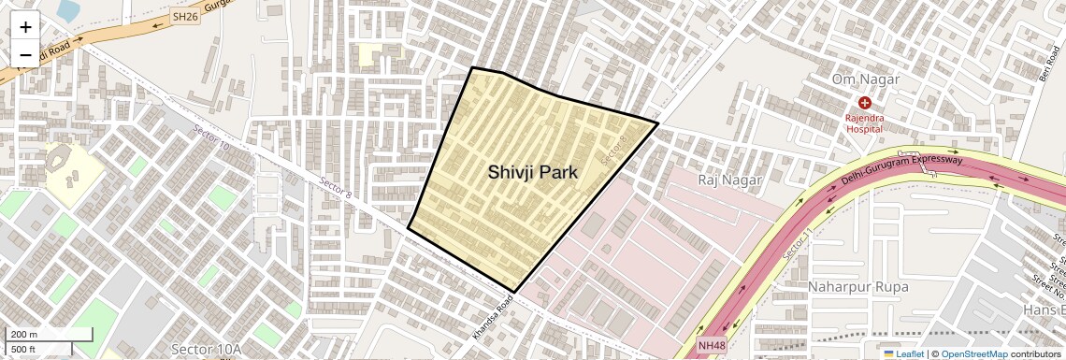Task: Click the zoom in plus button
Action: click(x=25, y=28)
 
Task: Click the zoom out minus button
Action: click(x=25, y=54)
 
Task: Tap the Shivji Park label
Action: click(x=533, y=172)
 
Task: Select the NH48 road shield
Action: click(x=711, y=345)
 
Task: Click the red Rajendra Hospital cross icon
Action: click(x=864, y=103)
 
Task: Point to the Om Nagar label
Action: click(x=865, y=79)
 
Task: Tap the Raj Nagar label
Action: click(x=730, y=179)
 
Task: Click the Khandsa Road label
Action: click(x=493, y=318)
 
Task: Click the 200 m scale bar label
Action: click(x=24, y=335)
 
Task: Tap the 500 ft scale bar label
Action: click(x=24, y=349)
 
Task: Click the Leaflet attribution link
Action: click(x=906, y=353)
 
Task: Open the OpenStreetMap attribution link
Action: click(x=973, y=353)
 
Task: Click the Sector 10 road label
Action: click(x=210, y=138)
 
